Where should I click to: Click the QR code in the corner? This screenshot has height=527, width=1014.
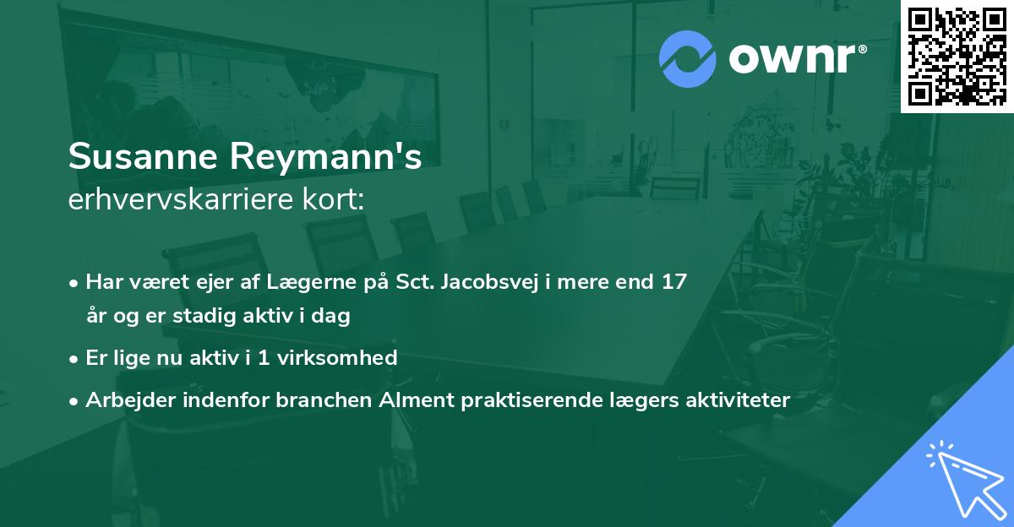point(957,56)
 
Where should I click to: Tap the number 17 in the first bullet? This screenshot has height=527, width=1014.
point(673,282)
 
